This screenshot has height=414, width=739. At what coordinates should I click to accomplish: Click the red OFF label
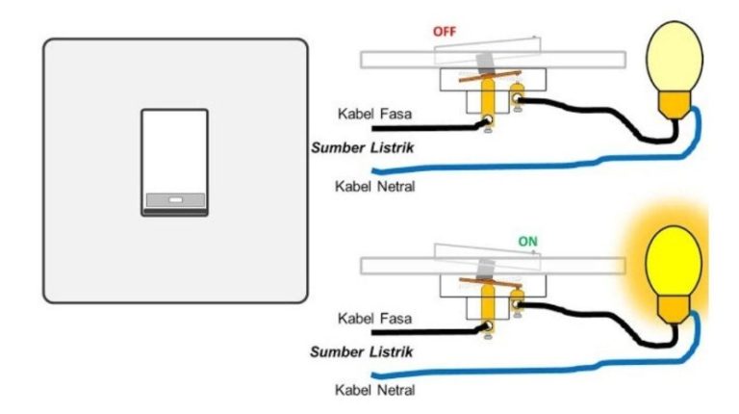click(445, 31)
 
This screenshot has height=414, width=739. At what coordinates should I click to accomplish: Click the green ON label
click(527, 242)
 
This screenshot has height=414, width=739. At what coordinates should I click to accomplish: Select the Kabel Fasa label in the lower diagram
click(374, 318)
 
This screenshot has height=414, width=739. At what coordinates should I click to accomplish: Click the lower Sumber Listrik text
click(362, 352)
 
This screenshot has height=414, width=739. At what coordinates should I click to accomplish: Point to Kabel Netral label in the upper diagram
click(374, 186)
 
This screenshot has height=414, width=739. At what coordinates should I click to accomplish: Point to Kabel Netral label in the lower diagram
click(374, 390)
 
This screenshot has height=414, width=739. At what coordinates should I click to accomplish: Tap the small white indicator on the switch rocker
click(175, 202)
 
